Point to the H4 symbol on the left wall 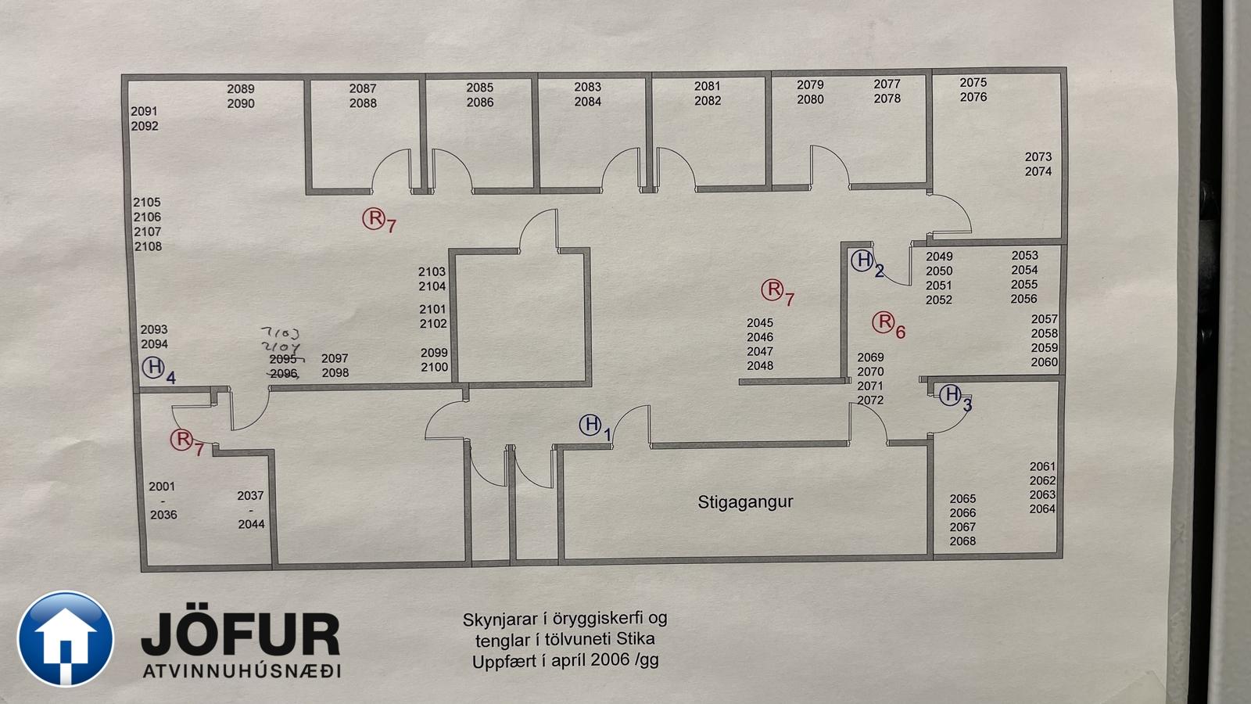point(153,367)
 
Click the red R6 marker point(884,321)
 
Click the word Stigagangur point(745,501)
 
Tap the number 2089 point(241,89)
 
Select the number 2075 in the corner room point(973,82)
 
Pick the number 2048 point(760,365)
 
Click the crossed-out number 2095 point(283,359)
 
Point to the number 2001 point(163,487)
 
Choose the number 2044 point(251,524)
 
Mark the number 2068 point(962,541)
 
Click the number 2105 point(147,203)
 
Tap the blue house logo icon point(66,639)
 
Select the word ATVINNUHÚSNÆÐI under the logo point(242,671)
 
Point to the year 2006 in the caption point(611,660)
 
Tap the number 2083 point(588,87)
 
